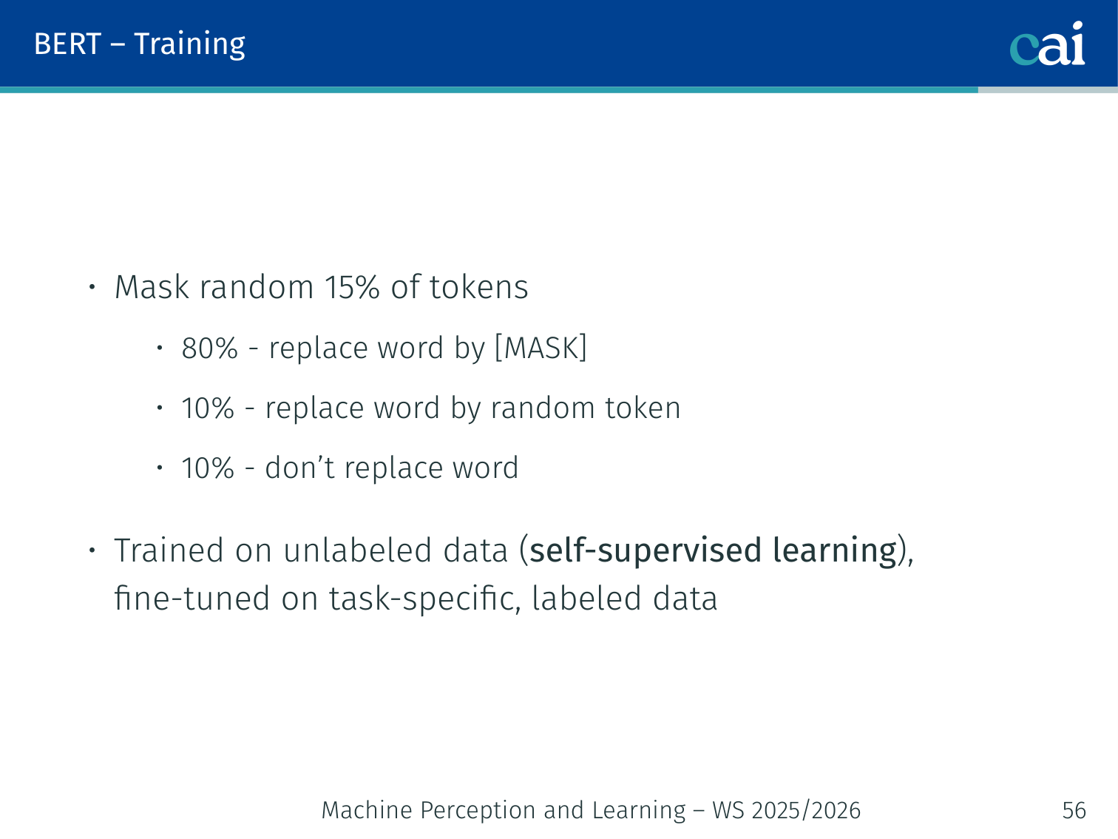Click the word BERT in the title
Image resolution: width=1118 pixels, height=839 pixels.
[x=67, y=44]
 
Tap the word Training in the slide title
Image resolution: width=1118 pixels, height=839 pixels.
[x=190, y=45]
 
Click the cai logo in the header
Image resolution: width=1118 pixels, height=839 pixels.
[x=1047, y=44]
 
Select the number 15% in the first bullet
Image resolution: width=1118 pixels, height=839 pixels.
[x=352, y=287]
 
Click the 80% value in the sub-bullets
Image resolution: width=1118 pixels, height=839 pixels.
[x=209, y=348]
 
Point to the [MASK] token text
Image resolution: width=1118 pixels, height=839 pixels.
[x=541, y=348]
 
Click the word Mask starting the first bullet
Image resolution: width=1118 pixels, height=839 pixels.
[x=152, y=287]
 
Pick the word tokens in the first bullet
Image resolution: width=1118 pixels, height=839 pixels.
[x=479, y=287]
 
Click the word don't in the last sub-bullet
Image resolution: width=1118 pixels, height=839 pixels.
[x=299, y=467]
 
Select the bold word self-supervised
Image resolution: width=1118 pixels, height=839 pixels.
[x=646, y=551]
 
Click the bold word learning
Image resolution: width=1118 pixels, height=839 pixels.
[x=835, y=551]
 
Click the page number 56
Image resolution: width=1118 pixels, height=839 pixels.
[x=1074, y=810]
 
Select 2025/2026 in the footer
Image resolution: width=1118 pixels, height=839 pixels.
[x=806, y=810]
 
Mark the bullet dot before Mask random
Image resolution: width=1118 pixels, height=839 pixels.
[x=92, y=287]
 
